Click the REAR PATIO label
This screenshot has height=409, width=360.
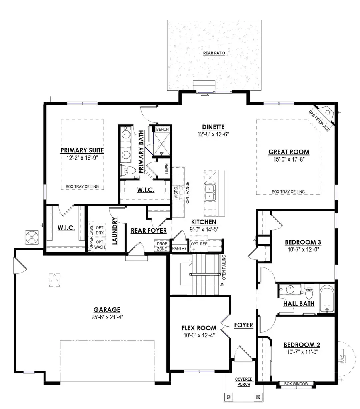pos(214,53)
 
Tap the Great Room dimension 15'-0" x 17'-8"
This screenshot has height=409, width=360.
pos(289,160)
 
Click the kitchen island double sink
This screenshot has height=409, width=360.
pos(209,192)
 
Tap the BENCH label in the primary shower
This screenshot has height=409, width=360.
pos(162,130)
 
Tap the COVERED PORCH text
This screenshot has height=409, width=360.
pos(243,382)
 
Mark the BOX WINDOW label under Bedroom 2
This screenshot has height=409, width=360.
pos(296,384)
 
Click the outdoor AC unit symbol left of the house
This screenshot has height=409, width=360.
pos(32,237)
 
